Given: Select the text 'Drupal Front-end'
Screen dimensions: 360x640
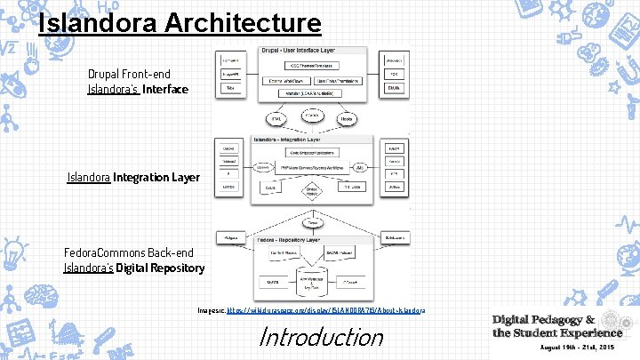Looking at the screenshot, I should coord(128,74).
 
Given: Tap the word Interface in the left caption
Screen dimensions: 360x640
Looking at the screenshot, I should coord(164,89).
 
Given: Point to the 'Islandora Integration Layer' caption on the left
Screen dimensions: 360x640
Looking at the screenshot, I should coord(133,178).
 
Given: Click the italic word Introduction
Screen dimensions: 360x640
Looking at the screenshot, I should coord(320,337).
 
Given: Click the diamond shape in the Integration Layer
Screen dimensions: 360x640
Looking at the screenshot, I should coord(311,193).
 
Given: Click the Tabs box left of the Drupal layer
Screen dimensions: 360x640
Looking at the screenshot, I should coord(230,88).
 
